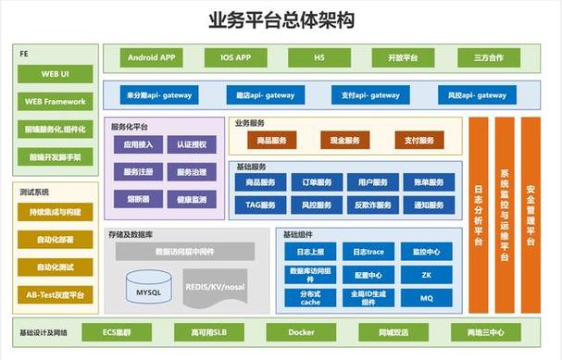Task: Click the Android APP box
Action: tap(153, 58)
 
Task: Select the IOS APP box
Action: tap(236, 58)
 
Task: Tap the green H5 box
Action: tap(318, 58)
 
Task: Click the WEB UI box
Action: tap(55, 73)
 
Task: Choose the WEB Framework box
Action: tap(55, 102)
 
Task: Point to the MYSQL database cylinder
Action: tap(148, 291)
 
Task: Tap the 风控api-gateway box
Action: tap(478, 94)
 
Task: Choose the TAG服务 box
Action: tap(260, 205)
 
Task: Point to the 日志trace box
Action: tap(362, 252)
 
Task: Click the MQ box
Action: tap(427, 299)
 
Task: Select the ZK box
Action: tap(427, 275)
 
